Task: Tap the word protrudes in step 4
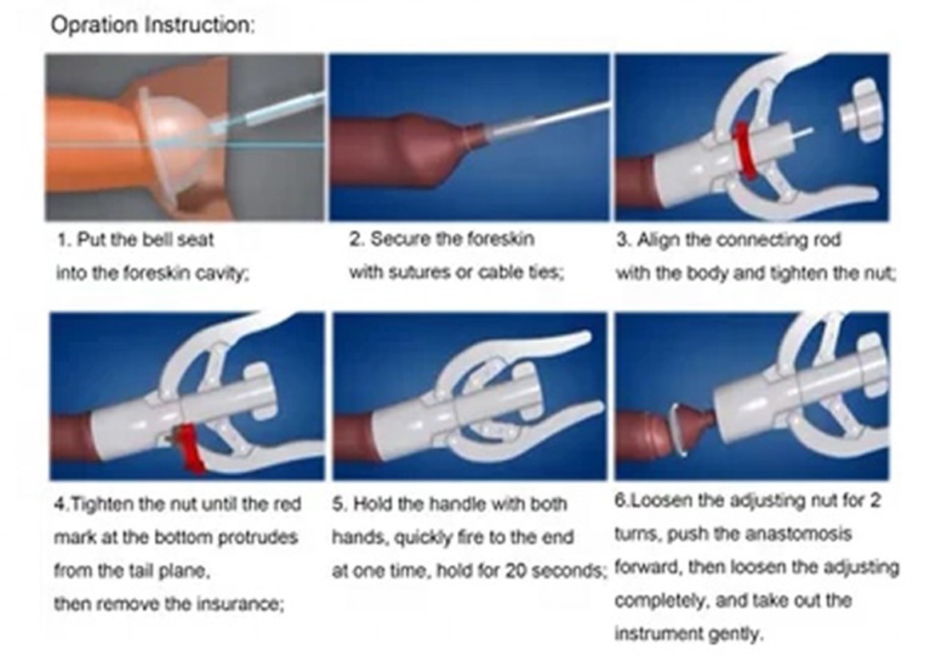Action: (257, 537)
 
